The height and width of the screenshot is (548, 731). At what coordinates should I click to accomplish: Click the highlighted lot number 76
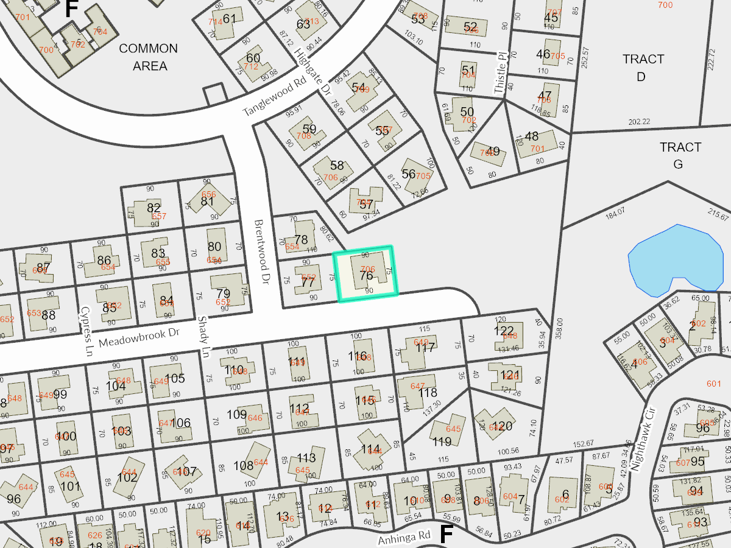366,276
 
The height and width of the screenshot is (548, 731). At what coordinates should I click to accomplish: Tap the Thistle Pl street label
500,72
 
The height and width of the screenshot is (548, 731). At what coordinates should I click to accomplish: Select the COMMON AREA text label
149,57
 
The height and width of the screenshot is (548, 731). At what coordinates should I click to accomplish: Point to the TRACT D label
643,68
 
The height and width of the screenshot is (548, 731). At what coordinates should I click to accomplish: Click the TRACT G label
680,155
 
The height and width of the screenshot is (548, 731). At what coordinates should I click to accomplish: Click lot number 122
504,330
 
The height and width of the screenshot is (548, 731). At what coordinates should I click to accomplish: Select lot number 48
531,136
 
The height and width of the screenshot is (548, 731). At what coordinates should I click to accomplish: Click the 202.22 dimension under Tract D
639,122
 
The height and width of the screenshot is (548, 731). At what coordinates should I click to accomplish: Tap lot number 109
236,415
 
